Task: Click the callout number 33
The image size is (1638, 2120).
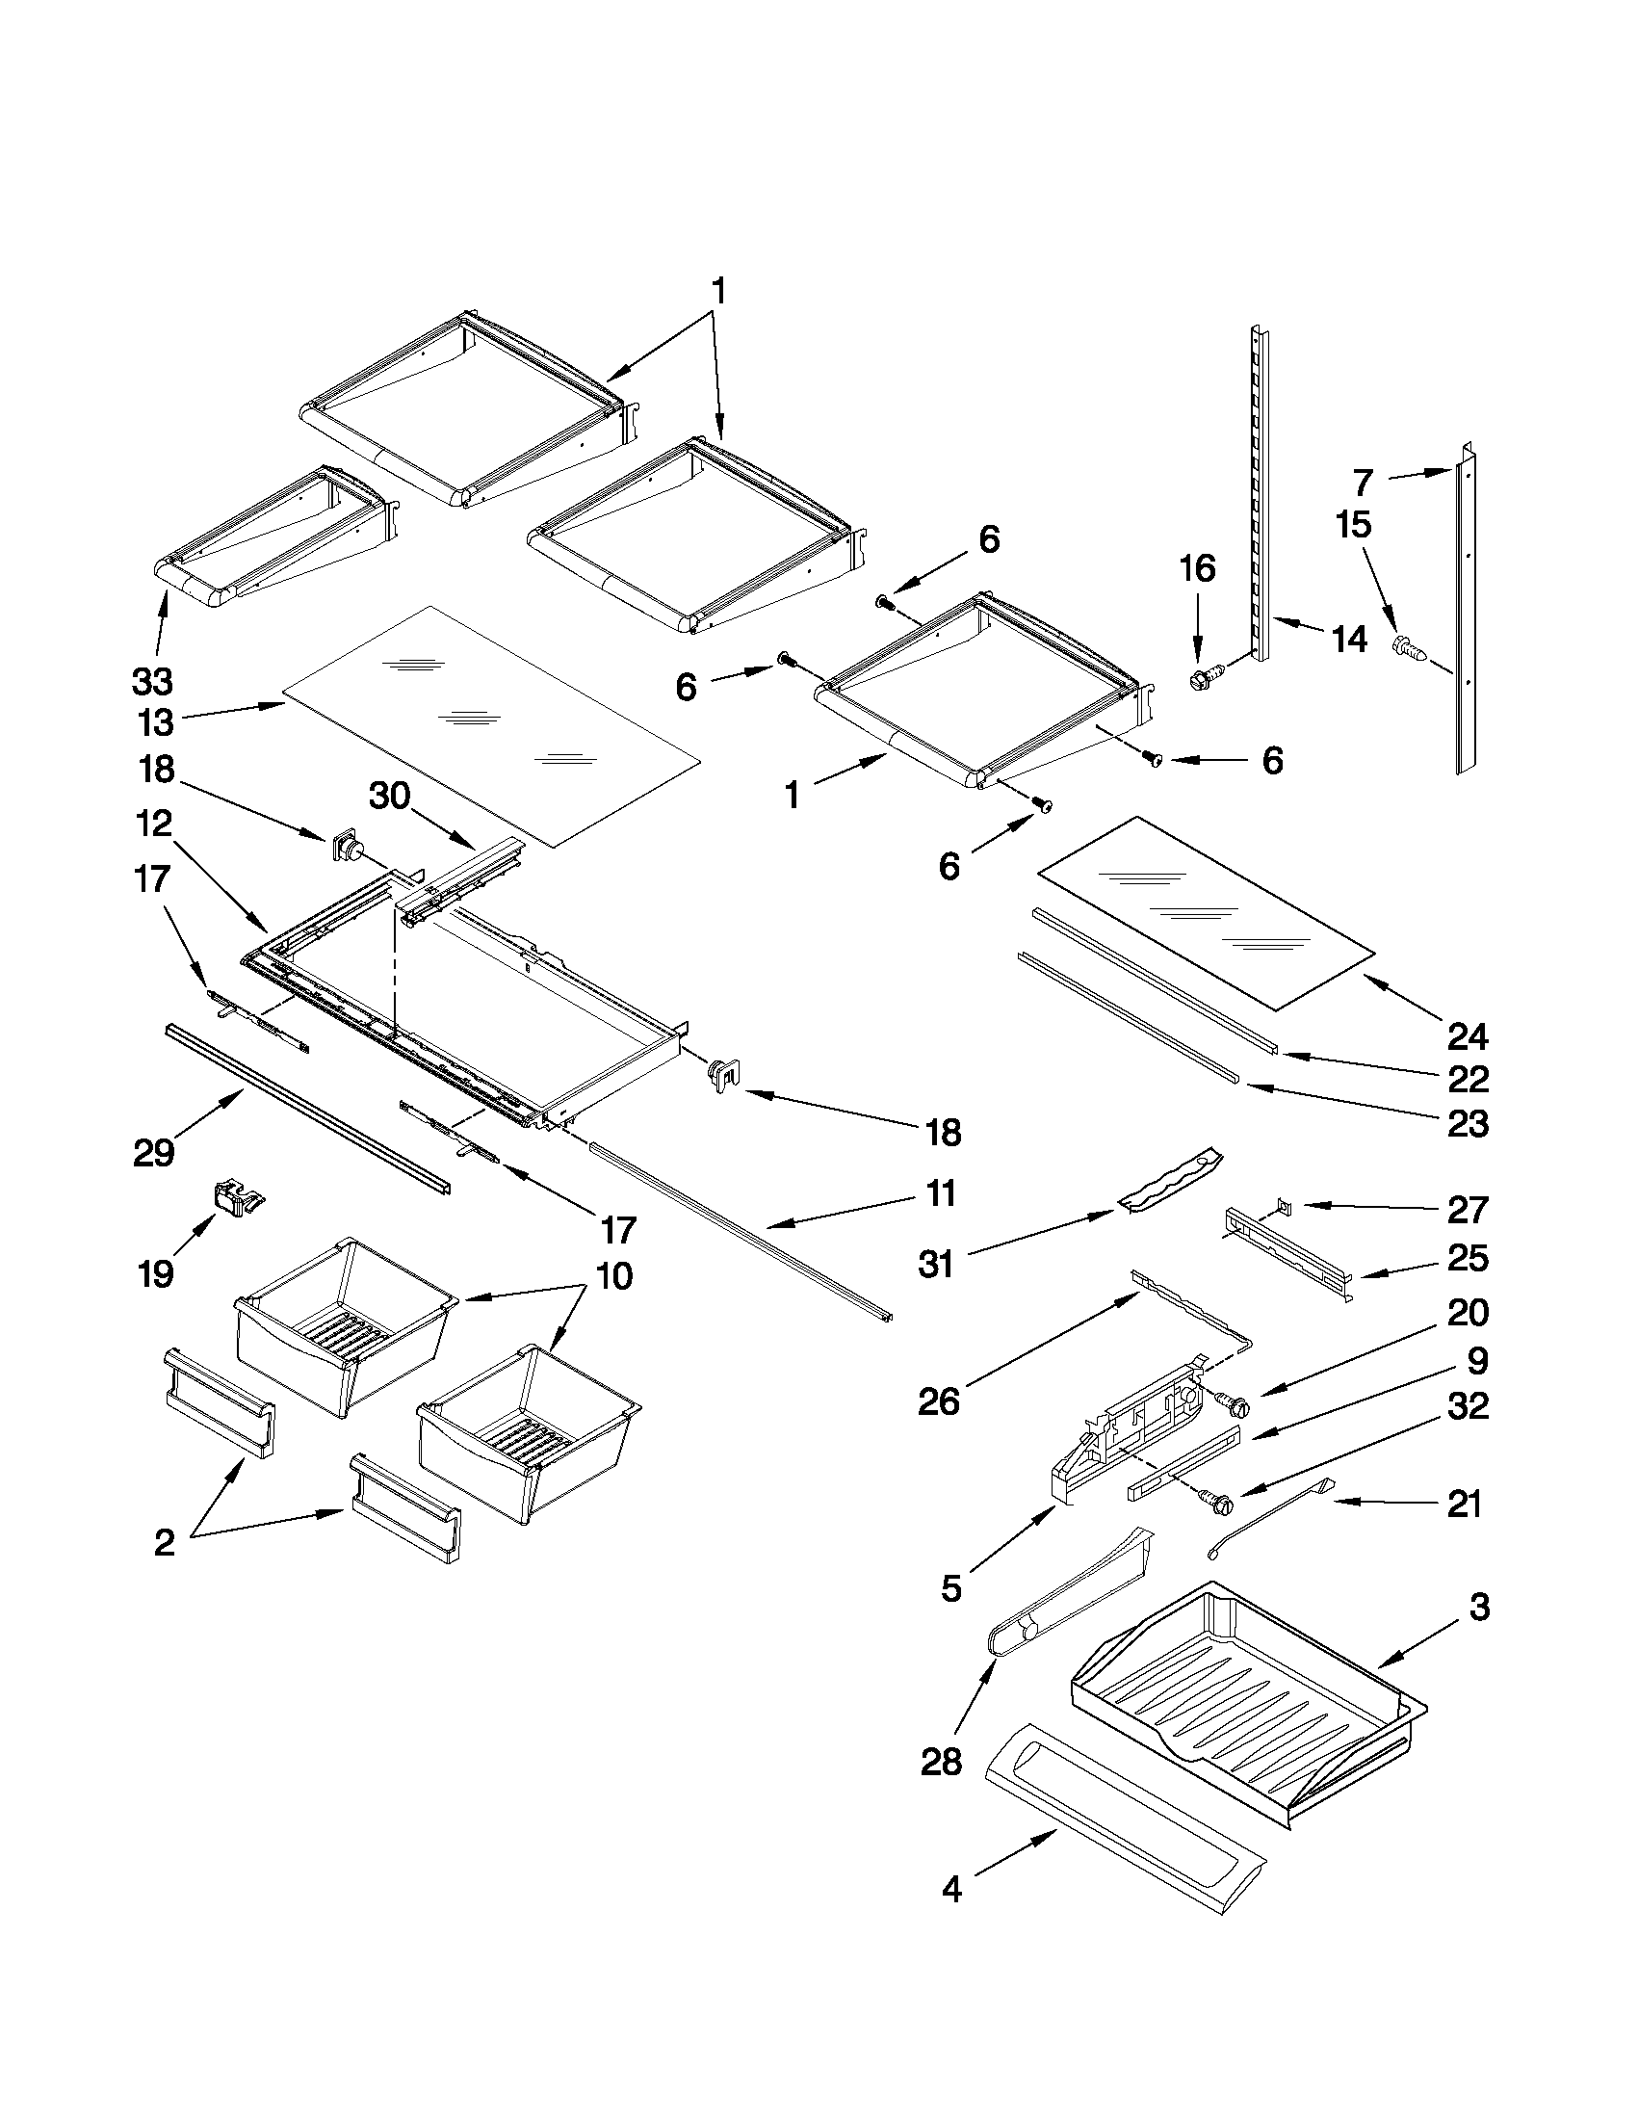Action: coord(152,682)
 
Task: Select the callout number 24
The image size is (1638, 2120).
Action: coord(1468,1037)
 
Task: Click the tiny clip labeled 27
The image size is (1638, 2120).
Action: coord(1284,1206)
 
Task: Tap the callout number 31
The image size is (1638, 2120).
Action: coord(935,1265)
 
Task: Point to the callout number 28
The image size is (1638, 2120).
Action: coord(941,1762)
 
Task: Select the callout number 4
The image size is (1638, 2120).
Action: coord(952,1916)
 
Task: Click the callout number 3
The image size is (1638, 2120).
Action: coord(1479,1608)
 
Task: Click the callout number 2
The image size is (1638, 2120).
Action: coord(164,1542)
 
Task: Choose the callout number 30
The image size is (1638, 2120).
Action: coord(389,796)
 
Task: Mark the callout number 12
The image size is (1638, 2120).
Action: coord(154,824)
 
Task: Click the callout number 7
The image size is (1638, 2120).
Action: coord(1364,483)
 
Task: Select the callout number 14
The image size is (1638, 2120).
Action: coord(1350,640)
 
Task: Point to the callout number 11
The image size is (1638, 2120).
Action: coord(940,1193)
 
